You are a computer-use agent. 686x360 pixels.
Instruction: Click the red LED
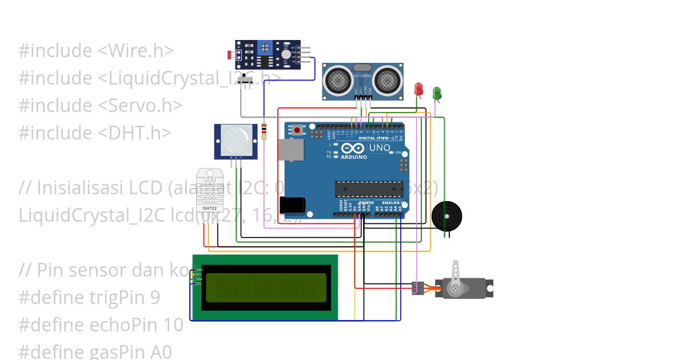(x=418, y=89)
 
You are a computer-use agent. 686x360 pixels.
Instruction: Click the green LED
(x=437, y=93)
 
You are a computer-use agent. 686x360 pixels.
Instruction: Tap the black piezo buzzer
(x=446, y=216)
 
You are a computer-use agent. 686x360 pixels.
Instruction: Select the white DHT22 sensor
(x=209, y=189)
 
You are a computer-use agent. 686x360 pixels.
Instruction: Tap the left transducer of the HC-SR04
(x=338, y=79)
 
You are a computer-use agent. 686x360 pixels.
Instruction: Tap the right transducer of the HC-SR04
(x=388, y=79)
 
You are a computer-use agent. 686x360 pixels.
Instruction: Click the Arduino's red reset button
(x=297, y=130)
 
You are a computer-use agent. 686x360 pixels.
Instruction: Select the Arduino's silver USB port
(x=291, y=150)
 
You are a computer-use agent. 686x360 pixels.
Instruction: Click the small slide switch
(x=248, y=79)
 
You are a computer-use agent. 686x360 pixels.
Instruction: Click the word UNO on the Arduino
(x=380, y=148)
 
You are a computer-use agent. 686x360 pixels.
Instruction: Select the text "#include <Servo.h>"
(x=101, y=105)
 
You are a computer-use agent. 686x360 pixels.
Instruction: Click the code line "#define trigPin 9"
(x=89, y=297)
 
